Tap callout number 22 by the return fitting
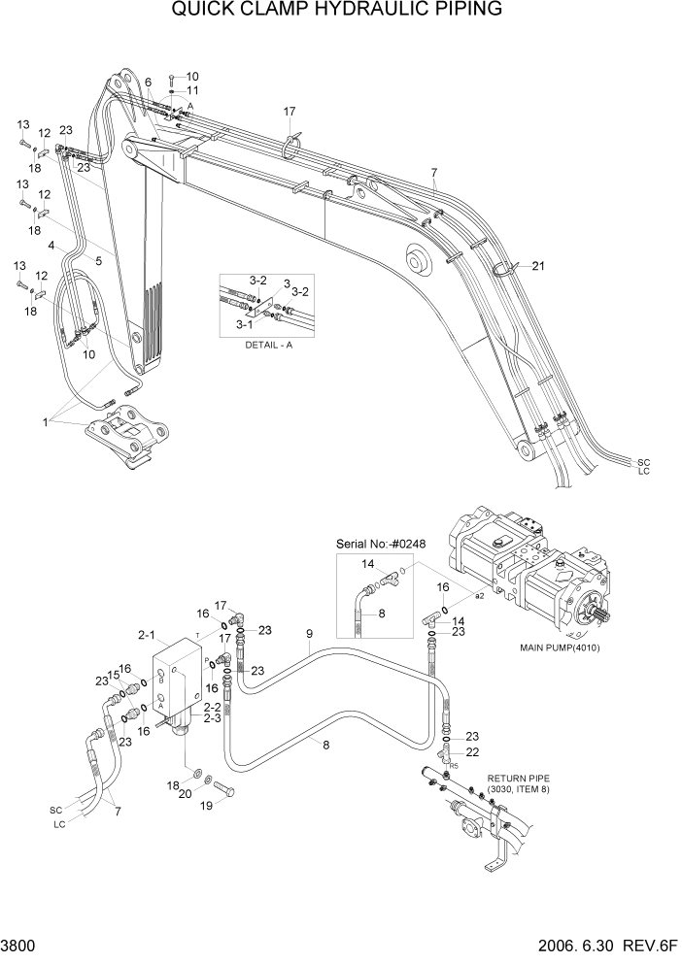coord(472,752)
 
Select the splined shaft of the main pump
coord(595,614)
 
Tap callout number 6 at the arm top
coord(149,83)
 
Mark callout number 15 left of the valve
coord(112,676)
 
